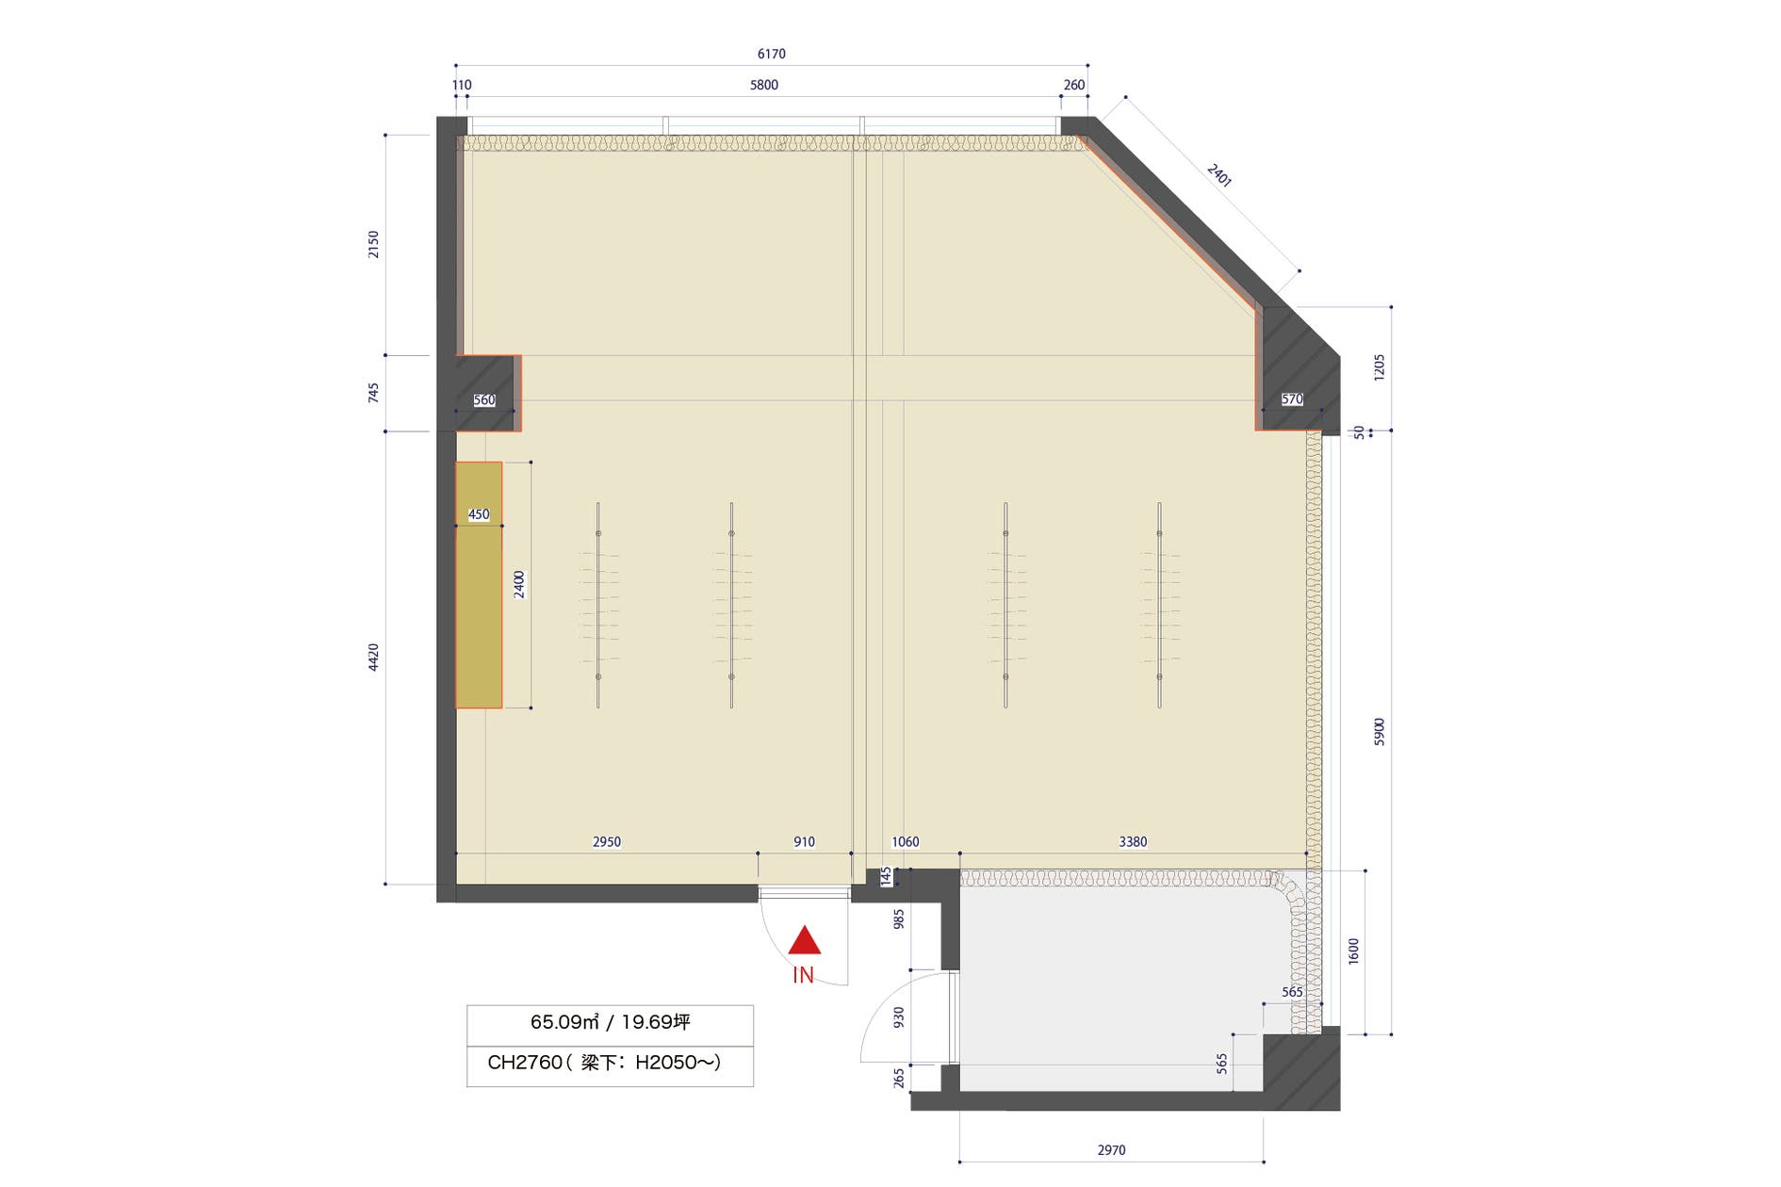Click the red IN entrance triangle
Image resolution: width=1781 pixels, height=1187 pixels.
click(x=804, y=941)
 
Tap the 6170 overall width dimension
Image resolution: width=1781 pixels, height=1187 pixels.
click(x=771, y=55)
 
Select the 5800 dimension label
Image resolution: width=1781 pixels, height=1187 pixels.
click(x=764, y=86)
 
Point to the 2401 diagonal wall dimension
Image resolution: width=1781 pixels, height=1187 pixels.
click(x=1219, y=175)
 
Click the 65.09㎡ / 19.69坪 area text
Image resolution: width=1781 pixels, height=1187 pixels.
click(x=610, y=1022)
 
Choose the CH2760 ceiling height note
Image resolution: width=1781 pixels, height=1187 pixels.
click(x=604, y=1063)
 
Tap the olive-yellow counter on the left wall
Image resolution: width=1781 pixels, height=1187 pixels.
click(x=479, y=585)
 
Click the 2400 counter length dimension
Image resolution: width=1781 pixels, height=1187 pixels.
click(x=519, y=585)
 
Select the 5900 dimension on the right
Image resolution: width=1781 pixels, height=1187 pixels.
click(x=1380, y=732)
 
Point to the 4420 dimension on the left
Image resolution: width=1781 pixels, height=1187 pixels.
click(x=374, y=658)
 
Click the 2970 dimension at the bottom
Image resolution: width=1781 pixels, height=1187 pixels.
click(x=1112, y=1150)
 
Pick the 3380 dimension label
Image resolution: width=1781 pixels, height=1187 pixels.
click(x=1133, y=842)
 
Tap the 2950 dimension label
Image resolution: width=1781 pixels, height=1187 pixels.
click(x=607, y=842)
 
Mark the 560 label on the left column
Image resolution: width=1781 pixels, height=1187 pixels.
click(x=484, y=400)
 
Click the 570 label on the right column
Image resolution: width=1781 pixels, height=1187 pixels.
click(x=1292, y=399)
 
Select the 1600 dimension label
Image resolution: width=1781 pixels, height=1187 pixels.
click(x=1354, y=951)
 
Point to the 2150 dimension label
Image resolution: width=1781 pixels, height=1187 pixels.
click(x=374, y=245)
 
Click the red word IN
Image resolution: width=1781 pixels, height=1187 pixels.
click(x=803, y=976)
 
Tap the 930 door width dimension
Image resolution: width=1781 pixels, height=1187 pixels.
click(x=899, y=1017)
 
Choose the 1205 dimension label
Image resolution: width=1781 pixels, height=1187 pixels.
click(x=1380, y=367)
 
